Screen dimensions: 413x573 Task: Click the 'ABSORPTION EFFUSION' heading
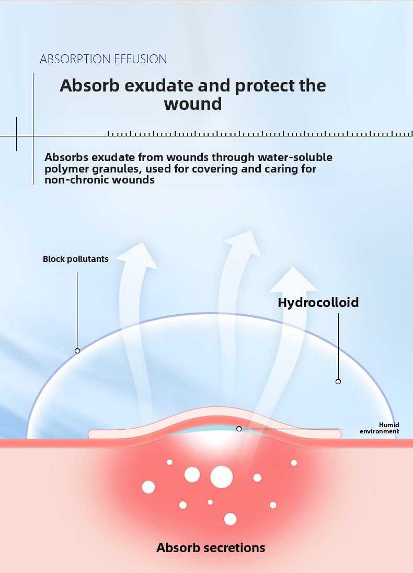pyautogui.click(x=104, y=59)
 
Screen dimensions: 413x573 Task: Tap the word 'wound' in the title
pyautogui.click(x=192, y=104)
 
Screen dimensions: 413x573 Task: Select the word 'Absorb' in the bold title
pyautogui.click(x=89, y=86)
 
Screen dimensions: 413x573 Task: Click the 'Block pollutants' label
pyautogui.click(x=76, y=259)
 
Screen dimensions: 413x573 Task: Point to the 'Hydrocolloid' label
pyautogui.click(x=318, y=303)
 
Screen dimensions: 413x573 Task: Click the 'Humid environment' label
pyautogui.click(x=380, y=428)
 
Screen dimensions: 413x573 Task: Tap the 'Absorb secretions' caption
pyautogui.click(x=211, y=547)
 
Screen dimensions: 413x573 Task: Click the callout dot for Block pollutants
pyautogui.click(x=77, y=351)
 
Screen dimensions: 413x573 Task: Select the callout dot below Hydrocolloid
pyautogui.click(x=338, y=382)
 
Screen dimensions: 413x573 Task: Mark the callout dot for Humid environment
pyautogui.click(x=239, y=429)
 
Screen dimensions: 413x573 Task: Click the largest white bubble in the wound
pyautogui.click(x=222, y=477)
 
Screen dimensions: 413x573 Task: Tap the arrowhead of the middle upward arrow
pyautogui.click(x=244, y=243)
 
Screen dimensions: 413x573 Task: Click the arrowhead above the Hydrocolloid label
pyautogui.click(x=293, y=280)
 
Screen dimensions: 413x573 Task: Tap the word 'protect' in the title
pyautogui.click(x=265, y=86)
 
